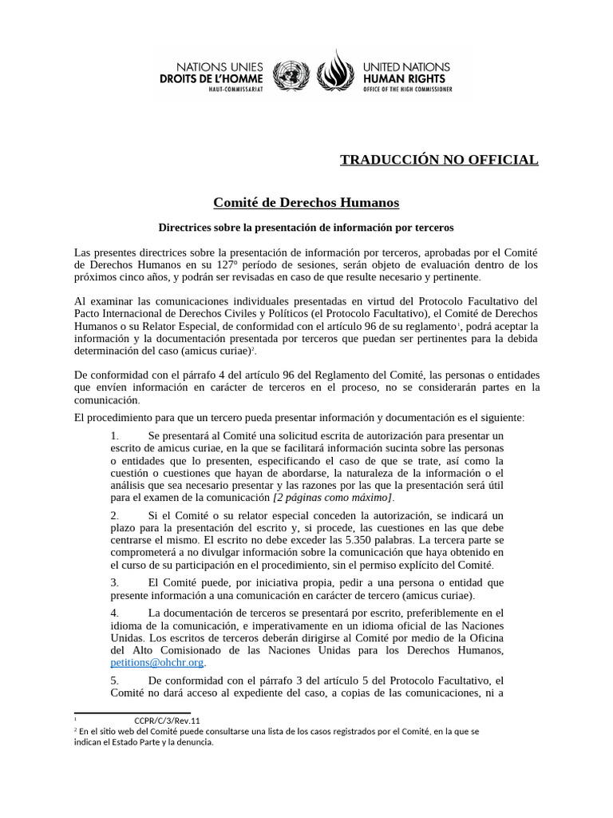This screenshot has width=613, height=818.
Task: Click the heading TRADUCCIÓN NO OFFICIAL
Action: [x=439, y=160]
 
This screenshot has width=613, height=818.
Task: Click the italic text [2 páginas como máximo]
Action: [x=333, y=497]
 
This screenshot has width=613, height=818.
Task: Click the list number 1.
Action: [x=115, y=435]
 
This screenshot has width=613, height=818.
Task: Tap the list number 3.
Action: [x=115, y=582]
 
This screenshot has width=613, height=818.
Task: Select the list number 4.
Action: [x=115, y=613]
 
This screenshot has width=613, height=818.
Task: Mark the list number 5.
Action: [x=115, y=680]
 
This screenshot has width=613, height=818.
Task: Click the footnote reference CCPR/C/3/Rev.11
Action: [x=167, y=721]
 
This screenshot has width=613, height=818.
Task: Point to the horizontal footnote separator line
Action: [x=132, y=713]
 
